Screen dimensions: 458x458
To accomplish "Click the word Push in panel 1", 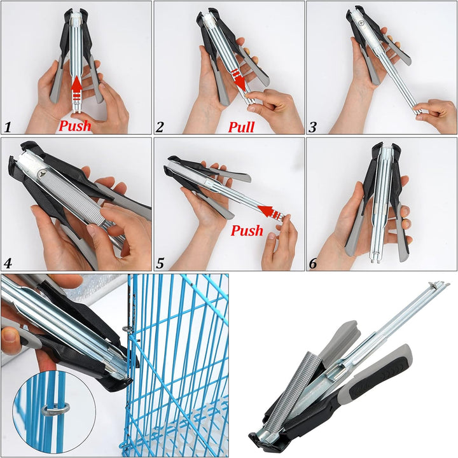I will [75, 126].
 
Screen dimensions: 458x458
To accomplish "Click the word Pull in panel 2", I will [241, 127].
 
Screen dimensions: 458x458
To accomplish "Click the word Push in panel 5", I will [247, 230].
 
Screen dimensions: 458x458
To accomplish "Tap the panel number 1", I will [8, 127].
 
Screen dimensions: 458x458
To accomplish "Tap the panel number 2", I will [160, 127].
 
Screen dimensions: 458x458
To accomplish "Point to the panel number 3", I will [312, 127].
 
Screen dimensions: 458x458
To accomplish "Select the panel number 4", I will [8, 263].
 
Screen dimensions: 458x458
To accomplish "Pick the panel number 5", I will [160, 263].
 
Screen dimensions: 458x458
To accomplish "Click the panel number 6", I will [312, 263].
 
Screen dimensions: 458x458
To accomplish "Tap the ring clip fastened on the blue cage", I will [128, 330].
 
